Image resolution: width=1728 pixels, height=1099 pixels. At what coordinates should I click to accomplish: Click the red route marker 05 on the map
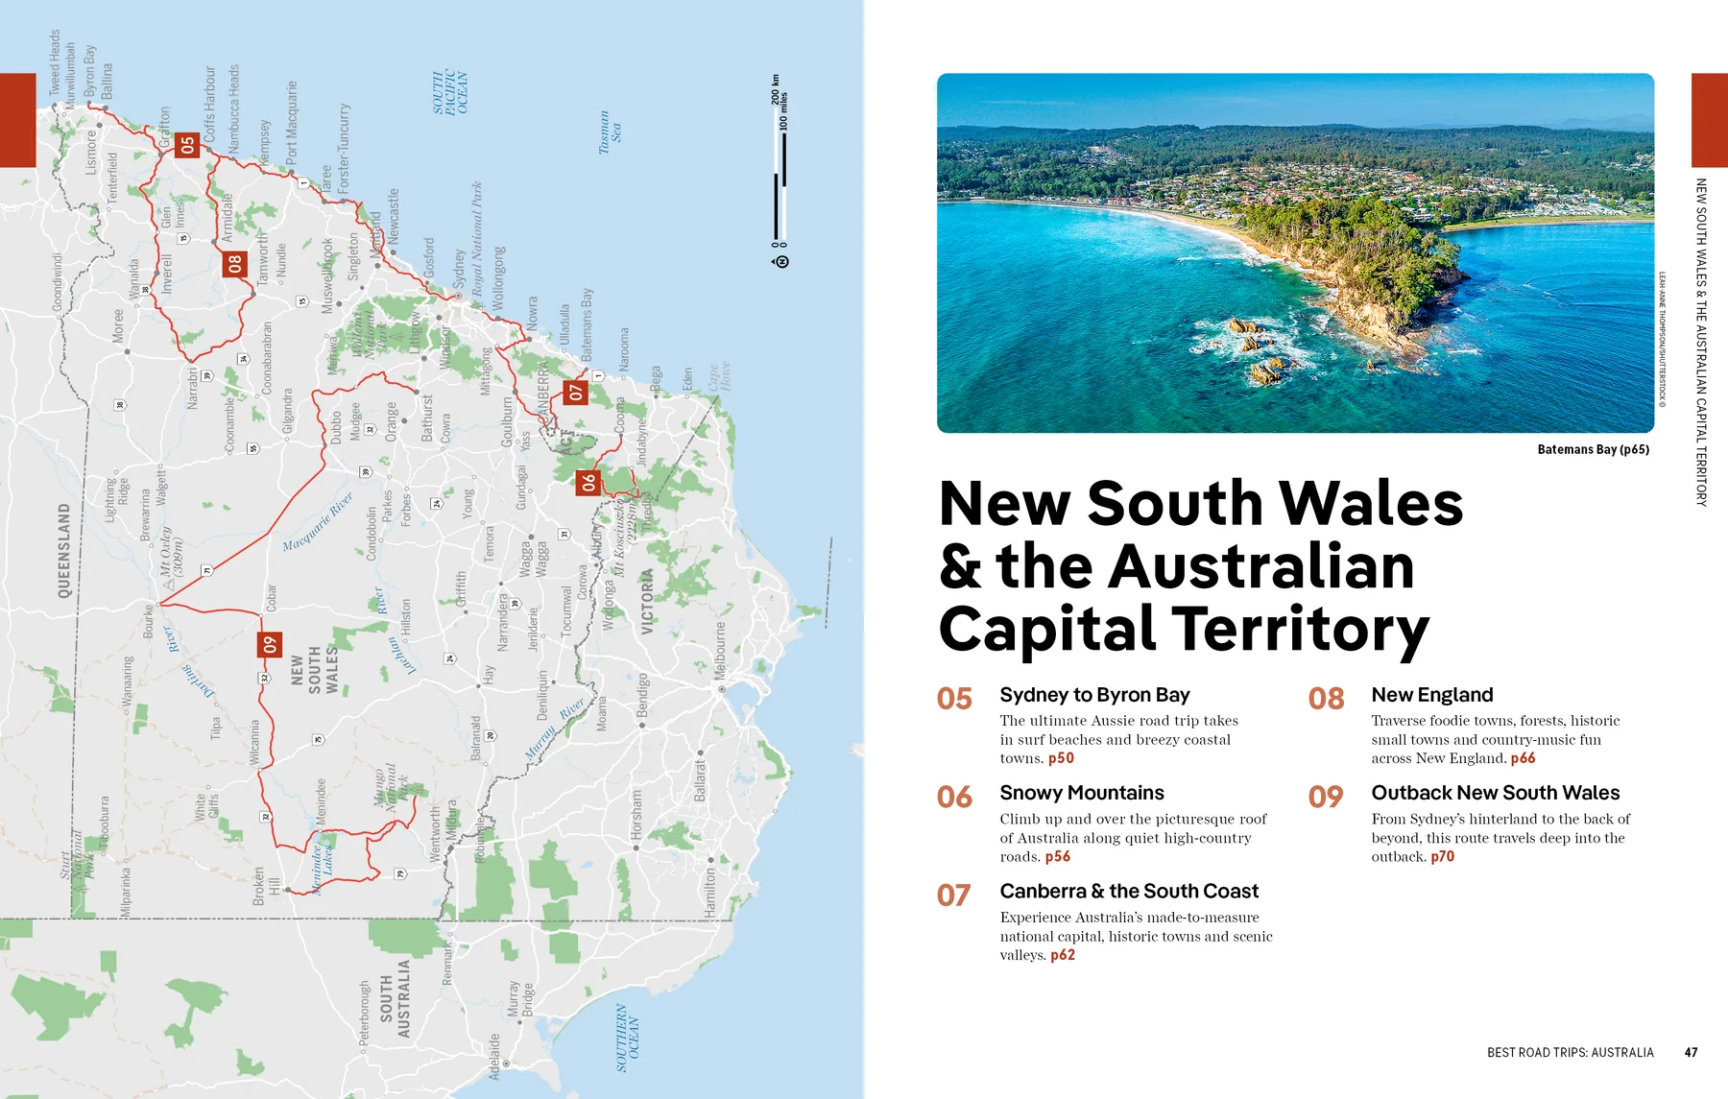pos(187,145)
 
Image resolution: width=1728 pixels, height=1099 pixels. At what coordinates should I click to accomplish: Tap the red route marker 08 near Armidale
pos(235,263)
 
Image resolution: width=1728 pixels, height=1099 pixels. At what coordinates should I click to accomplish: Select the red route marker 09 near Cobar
pos(270,645)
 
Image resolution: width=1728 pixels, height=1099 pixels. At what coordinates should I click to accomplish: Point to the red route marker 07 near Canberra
pos(575,392)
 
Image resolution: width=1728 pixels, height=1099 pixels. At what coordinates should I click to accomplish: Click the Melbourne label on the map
pos(721,651)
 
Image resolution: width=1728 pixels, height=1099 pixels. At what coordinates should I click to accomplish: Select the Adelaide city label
pos(494,1056)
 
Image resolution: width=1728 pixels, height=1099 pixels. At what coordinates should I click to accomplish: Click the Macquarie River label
pos(318,522)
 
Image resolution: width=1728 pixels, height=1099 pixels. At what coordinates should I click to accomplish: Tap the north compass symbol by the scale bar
pos(781,261)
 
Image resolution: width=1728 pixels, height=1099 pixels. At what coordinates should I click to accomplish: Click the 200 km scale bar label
pos(776,88)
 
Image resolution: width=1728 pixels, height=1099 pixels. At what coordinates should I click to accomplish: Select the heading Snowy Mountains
pos(1081,793)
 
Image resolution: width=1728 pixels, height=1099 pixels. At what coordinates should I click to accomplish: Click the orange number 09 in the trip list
pos(1326,797)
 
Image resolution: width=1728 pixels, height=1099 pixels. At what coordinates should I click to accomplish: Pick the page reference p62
pos(1063,955)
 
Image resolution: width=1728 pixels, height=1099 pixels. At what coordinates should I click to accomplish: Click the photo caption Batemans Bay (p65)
pos(1593,449)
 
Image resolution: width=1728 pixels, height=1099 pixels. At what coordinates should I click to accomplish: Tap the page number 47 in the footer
pos(1691,1052)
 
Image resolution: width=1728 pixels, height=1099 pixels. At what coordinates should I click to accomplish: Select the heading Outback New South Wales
pos(1495,793)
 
